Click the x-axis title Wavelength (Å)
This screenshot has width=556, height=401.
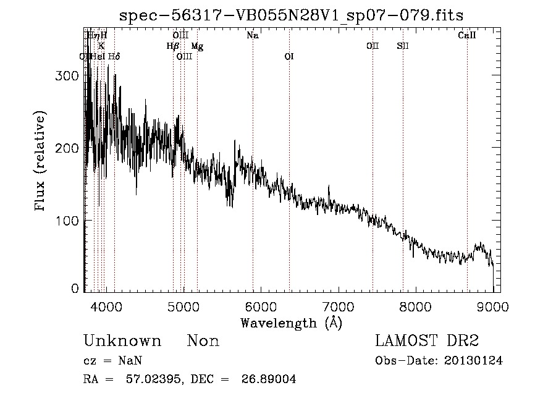291,323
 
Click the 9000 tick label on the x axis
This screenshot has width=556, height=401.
492,306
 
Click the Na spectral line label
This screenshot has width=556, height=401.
252,35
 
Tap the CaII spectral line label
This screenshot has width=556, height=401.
466,35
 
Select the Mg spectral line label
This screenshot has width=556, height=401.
197,46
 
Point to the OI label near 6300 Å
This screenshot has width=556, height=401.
289,56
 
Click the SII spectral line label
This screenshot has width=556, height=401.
403,46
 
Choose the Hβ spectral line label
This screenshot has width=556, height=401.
173,46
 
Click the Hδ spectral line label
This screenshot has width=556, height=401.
114,56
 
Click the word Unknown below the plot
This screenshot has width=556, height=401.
122,341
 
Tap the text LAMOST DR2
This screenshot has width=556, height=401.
427,341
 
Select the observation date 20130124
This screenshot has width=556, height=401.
473,361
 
